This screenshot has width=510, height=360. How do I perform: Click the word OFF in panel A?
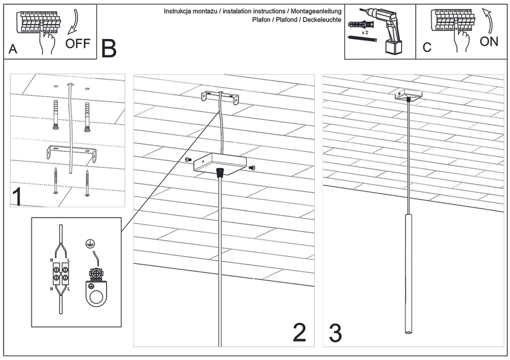78,43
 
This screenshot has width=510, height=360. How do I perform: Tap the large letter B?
109,48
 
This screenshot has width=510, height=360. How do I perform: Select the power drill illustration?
380,31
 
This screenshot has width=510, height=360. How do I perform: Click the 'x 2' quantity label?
365,33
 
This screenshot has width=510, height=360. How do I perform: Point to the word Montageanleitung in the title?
316,11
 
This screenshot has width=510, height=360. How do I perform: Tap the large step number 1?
17,197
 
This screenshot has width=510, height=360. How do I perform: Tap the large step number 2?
299,333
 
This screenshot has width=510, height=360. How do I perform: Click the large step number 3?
335,333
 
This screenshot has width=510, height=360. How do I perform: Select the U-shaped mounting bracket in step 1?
71,154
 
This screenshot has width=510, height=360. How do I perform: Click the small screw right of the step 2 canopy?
252,168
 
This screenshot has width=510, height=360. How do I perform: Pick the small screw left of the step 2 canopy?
188,159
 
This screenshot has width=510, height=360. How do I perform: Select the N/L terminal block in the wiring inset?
61,273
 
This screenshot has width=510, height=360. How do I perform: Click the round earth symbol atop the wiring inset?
90,244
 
